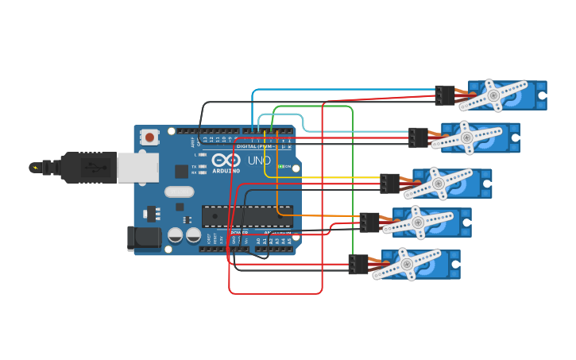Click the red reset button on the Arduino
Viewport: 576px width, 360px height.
tap(150, 137)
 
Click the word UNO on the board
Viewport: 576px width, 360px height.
tap(260, 161)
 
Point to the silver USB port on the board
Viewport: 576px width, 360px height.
tap(137, 168)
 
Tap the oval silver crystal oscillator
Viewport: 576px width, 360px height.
tap(180, 192)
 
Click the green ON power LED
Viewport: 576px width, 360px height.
tap(281, 166)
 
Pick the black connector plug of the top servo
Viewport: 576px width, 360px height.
tap(444, 95)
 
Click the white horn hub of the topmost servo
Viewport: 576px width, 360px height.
tap(493, 95)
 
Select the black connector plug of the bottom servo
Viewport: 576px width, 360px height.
tap(358, 265)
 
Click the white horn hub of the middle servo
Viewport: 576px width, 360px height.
tap(438, 184)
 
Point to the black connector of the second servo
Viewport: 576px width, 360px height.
tap(418, 137)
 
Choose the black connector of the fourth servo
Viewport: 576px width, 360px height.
tap(369, 223)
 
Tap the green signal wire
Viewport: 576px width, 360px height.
tap(352, 175)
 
